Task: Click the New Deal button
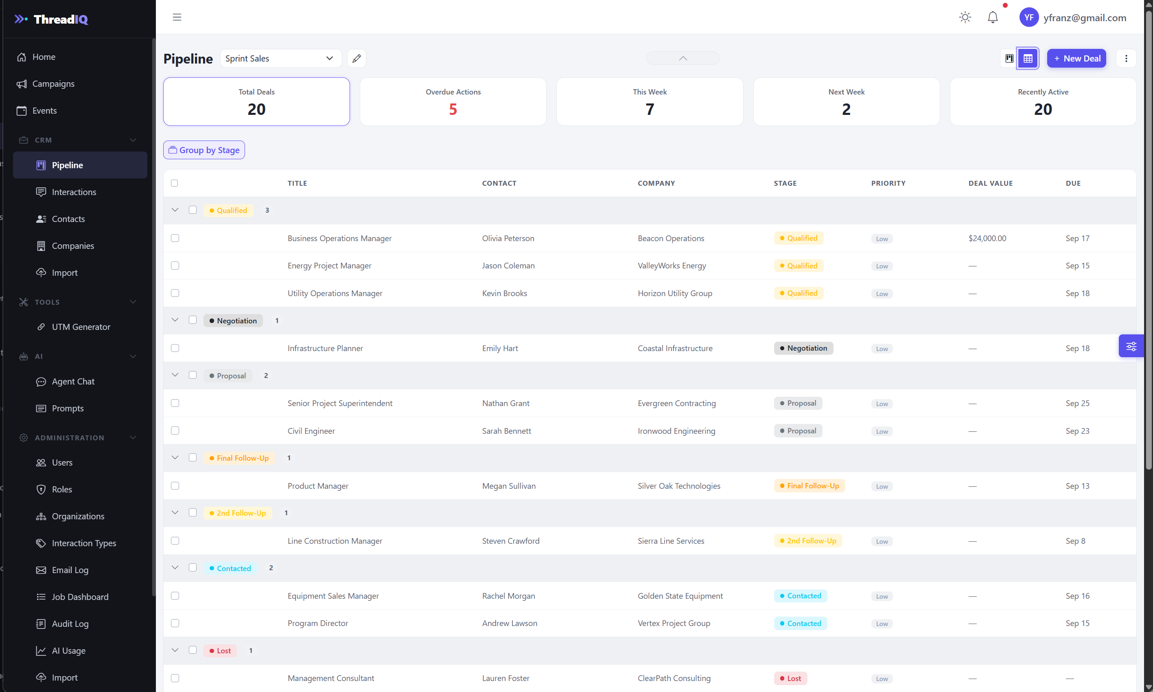coord(1076,58)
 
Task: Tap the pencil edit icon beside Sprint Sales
coord(357,58)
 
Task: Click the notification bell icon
coord(993,17)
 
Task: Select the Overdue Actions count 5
coord(453,109)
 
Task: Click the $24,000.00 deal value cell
coord(987,238)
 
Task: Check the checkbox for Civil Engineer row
coord(175,431)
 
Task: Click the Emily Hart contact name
coord(500,348)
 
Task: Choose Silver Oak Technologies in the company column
coord(679,486)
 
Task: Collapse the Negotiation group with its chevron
coord(175,320)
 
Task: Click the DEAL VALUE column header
coord(991,183)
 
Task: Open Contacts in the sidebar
coord(68,219)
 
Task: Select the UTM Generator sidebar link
coord(81,327)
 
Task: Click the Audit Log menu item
coord(70,624)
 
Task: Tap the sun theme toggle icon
coord(965,17)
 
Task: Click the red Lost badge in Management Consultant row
coord(790,679)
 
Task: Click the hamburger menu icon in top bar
coord(177,17)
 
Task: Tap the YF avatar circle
coord(1028,17)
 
